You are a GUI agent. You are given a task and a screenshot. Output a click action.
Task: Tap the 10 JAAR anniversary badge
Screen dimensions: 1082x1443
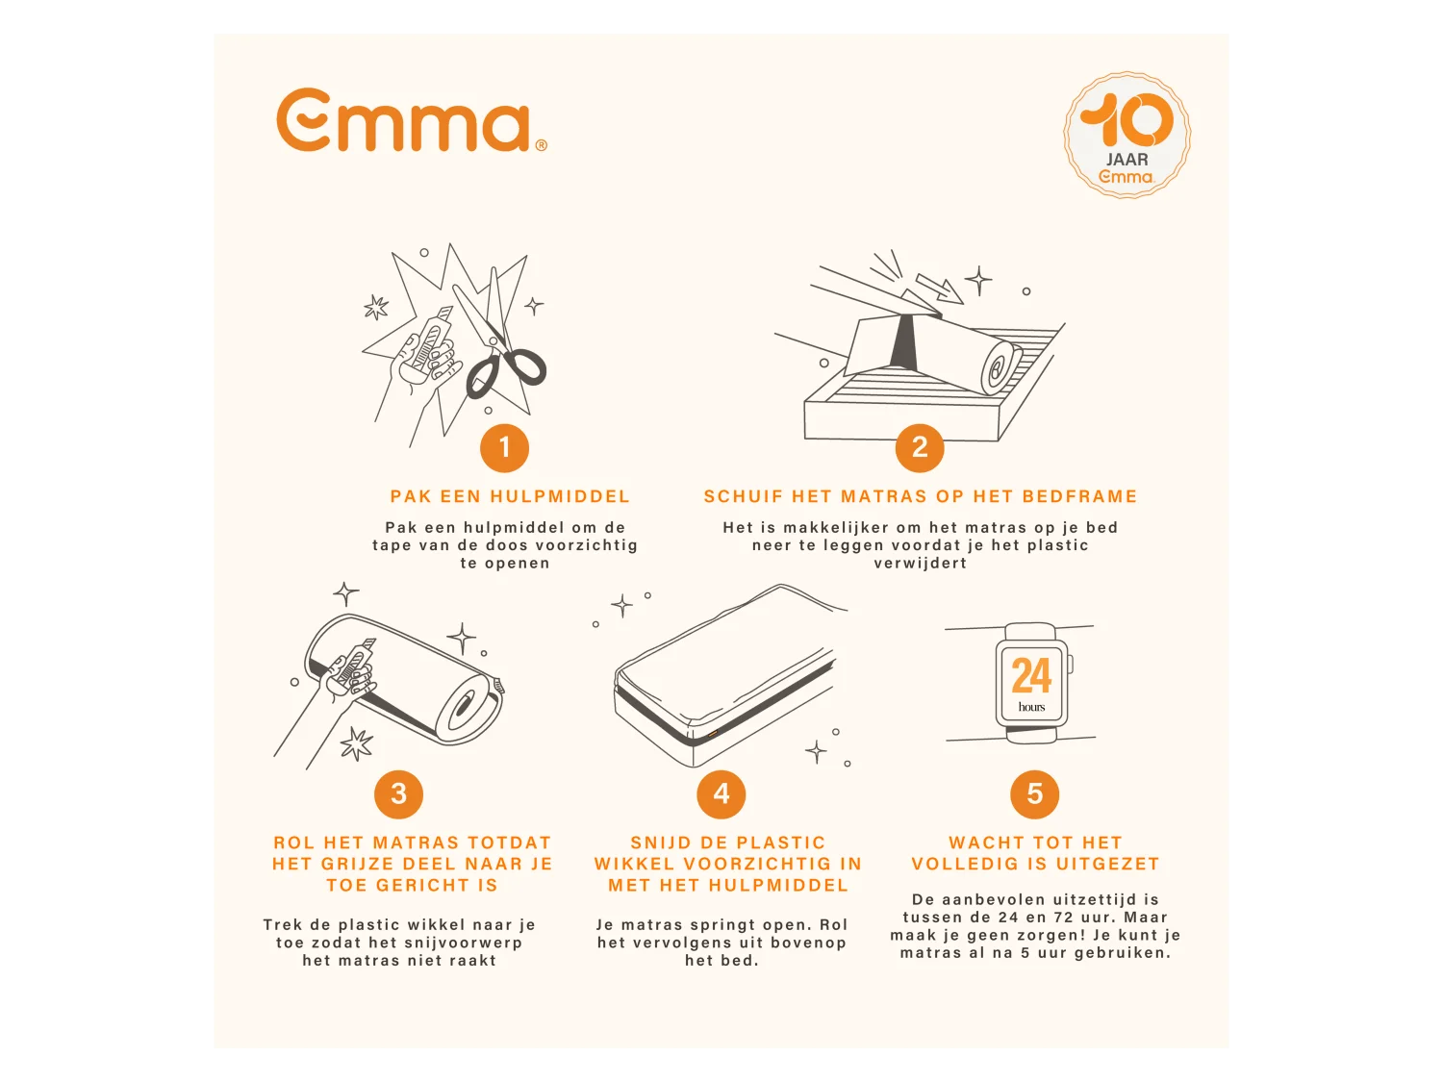click(1127, 136)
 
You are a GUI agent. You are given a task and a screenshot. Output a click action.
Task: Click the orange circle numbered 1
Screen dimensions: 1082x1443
click(504, 448)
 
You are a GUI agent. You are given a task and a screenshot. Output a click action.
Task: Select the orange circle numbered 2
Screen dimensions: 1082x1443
click(920, 448)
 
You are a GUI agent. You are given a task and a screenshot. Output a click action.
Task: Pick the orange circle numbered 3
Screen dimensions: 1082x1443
click(398, 794)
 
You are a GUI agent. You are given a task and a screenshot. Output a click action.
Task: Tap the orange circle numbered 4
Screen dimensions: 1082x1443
click(721, 794)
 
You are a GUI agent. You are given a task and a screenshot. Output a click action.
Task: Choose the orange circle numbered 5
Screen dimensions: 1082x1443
click(1035, 794)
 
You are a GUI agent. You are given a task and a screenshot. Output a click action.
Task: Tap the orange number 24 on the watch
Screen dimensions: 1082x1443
click(1031, 675)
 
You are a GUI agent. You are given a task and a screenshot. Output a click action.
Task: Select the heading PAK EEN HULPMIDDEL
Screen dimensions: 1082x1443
click(510, 496)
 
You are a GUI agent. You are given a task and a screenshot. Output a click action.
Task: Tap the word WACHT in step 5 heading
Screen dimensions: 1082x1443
click(982, 843)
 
